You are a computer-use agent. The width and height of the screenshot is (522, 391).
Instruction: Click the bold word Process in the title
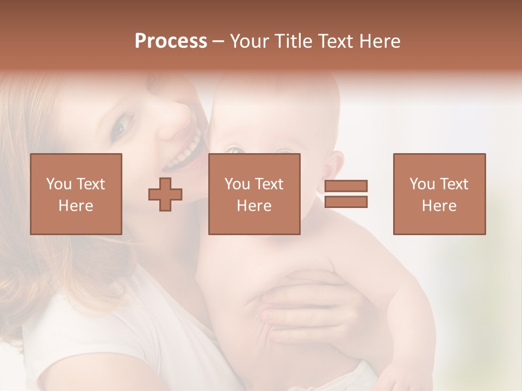[171, 41]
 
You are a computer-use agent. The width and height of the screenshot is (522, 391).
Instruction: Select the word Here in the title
[379, 41]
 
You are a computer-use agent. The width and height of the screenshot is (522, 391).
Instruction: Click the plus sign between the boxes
[165, 194]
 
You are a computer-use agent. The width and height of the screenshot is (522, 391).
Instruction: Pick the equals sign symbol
[346, 194]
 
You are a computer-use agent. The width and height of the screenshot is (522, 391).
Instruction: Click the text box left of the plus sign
[76, 194]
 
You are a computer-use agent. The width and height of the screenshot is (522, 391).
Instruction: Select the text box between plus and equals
[254, 194]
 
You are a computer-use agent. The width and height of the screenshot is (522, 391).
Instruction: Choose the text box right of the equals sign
[439, 194]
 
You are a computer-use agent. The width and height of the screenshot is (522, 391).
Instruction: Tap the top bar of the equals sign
[346, 186]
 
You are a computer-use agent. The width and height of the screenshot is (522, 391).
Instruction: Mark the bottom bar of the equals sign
[346, 202]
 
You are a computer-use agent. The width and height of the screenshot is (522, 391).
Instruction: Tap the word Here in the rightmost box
[439, 206]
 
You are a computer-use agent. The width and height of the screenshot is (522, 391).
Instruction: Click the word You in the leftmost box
[59, 184]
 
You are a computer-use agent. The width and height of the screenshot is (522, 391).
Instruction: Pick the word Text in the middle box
[269, 184]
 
